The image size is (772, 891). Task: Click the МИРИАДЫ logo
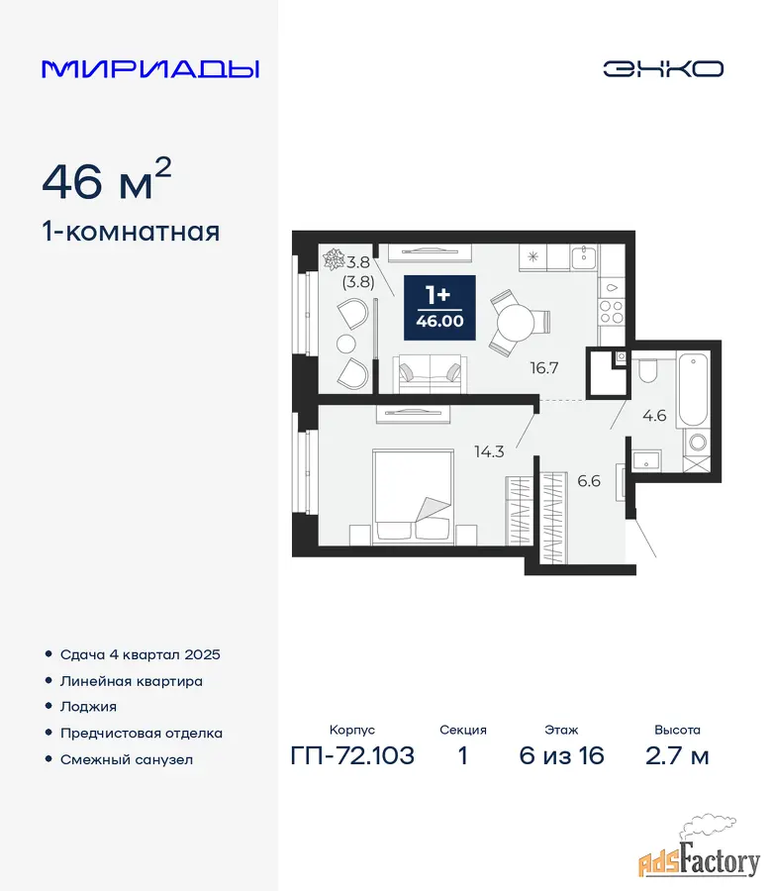[x=150, y=68]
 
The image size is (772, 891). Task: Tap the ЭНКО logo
[x=663, y=68]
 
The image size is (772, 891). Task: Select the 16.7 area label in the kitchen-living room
[x=544, y=367]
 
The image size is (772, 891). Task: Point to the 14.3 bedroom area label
[x=489, y=451]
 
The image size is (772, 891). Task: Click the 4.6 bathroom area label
[x=654, y=416]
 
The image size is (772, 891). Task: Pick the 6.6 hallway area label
[x=589, y=481]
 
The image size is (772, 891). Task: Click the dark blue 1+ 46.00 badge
[x=439, y=308]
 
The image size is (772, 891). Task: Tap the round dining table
[x=516, y=323]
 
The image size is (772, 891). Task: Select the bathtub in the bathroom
[x=693, y=390]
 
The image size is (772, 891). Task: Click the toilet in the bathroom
[x=647, y=370]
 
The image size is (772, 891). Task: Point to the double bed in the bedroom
[x=413, y=496]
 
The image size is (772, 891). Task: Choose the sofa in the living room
[x=430, y=374]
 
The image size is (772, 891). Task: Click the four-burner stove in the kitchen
[x=612, y=312]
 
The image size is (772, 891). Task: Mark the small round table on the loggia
[x=346, y=344]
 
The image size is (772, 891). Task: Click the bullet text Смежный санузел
[x=127, y=759]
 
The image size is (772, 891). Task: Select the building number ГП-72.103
[x=352, y=755]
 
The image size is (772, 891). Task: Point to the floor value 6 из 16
[x=561, y=755]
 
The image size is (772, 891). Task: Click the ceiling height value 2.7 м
[x=677, y=755]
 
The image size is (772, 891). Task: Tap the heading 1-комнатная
[x=131, y=232]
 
